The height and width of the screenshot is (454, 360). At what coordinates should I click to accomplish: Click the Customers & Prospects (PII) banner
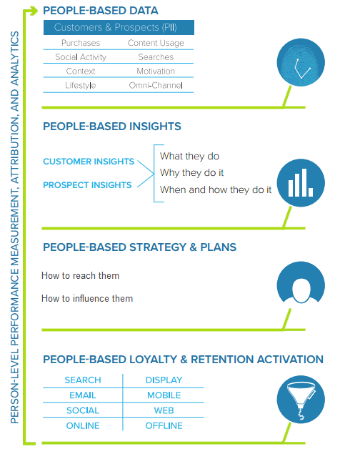pyautogui.click(x=119, y=27)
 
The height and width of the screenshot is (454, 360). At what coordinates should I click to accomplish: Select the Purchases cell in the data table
pyautogui.click(x=81, y=43)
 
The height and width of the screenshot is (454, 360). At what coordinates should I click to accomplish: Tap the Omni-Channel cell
pyautogui.click(x=156, y=85)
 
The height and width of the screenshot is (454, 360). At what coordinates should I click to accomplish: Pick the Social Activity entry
pyautogui.click(x=81, y=57)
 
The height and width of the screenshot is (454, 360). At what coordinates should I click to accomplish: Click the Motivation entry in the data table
pyautogui.click(x=156, y=71)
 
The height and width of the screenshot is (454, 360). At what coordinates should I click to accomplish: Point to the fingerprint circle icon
pyautogui.click(x=301, y=62)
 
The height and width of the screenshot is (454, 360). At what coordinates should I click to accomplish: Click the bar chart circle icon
pyautogui.click(x=301, y=183)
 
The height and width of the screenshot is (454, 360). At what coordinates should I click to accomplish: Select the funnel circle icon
pyautogui.click(x=301, y=399)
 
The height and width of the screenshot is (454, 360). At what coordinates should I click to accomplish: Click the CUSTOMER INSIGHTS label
pyautogui.click(x=89, y=162)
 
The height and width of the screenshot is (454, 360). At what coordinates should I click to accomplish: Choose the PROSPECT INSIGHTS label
pyautogui.click(x=87, y=185)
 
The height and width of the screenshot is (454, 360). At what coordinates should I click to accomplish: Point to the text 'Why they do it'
pyautogui.click(x=191, y=173)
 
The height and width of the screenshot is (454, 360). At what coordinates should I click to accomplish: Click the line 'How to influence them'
pyautogui.click(x=87, y=299)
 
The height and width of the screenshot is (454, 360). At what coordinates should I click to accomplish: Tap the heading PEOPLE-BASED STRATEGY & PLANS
pyautogui.click(x=140, y=247)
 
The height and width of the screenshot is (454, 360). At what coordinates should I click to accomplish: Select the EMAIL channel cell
pyautogui.click(x=83, y=395)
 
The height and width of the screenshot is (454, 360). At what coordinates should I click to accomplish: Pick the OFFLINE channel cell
pyautogui.click(x=164, y=425)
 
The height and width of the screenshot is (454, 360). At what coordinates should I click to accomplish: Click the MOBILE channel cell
pyautogui.click(x=164, y=395)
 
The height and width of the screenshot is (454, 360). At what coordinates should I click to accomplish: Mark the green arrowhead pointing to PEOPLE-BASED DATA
pyautogui.click(x=34, y=11)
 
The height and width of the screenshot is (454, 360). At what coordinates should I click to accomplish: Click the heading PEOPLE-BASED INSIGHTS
pyautogui.click(x=112, y=127)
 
